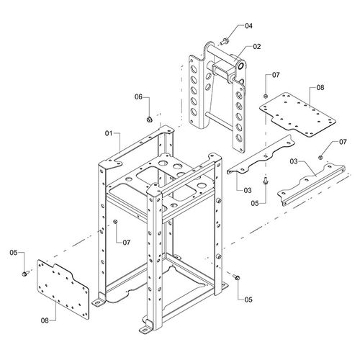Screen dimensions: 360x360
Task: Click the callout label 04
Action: coord(248,26)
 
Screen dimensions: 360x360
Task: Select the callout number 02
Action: coord(256,46)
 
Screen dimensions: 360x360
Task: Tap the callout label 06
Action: coord(138,96)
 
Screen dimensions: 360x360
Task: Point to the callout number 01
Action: coord(109,133)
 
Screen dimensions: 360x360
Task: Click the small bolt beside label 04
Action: coord(224,42)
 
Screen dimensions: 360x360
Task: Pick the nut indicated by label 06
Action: coord(149,119)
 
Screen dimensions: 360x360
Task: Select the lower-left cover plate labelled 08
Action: coord(63,289)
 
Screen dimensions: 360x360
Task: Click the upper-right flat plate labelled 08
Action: coord(297,115)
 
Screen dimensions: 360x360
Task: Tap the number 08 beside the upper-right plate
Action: coord(320,88)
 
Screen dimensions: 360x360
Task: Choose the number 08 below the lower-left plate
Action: coord(45,320)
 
